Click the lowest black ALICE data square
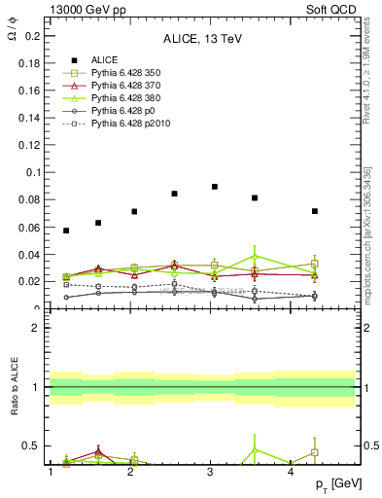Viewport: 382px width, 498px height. coord(66,231)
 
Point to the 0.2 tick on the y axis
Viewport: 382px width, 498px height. coord(32,37)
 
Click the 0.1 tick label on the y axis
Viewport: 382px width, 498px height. coord(32,173)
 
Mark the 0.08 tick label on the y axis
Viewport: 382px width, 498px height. coord(29,200)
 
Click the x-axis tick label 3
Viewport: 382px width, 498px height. coord(211,472)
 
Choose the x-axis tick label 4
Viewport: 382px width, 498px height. coord(292,472)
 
